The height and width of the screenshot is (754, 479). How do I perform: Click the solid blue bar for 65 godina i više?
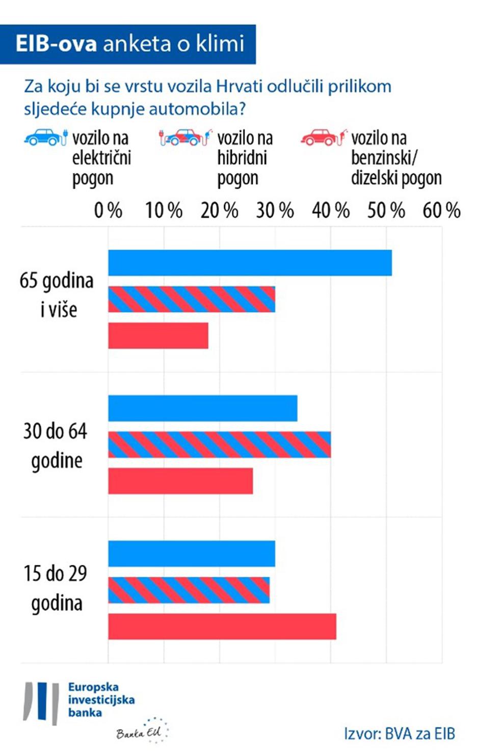250,263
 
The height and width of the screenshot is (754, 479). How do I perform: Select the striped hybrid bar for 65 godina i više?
192,299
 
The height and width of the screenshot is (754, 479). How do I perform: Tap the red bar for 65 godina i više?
158,336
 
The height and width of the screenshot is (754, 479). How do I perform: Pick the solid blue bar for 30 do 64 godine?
203,408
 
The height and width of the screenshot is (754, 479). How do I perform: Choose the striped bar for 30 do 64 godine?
219,445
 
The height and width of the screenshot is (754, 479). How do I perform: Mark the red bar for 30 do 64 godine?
180,481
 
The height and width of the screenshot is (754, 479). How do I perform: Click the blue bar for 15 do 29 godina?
192,554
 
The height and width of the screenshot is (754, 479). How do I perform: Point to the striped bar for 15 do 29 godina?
189,590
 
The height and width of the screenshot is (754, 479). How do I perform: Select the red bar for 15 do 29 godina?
222,627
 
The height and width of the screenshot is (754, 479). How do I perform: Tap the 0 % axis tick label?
108,210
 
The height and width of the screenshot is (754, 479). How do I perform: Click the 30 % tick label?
275,210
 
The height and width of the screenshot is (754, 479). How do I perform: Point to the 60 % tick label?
441,210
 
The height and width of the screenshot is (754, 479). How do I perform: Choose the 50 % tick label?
386,210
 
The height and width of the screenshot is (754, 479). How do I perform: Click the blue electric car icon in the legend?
45,137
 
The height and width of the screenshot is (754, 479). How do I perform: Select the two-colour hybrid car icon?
184,137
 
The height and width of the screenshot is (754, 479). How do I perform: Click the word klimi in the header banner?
220,44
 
